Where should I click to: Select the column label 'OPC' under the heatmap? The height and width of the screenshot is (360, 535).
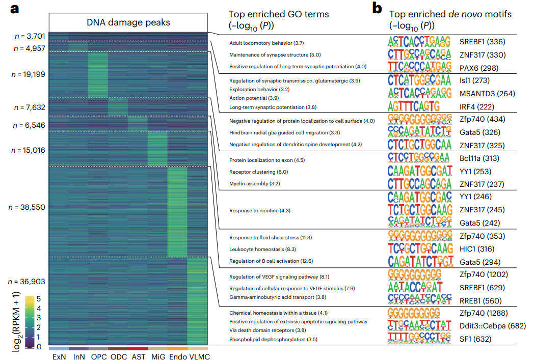coord(98,356)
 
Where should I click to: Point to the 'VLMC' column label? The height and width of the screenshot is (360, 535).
coord(197,356)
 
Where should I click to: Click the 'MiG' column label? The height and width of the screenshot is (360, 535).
coord(158,356)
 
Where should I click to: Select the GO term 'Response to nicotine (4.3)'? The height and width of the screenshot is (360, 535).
coord(260,210)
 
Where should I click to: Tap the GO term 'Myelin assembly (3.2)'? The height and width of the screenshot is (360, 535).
coord(254,183)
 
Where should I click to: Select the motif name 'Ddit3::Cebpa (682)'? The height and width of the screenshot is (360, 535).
coord(492,325)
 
